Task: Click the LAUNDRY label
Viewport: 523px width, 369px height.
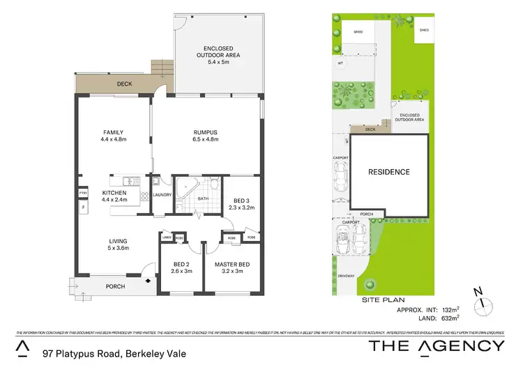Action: coord(162,194)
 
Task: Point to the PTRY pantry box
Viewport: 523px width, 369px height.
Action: coord(82,193)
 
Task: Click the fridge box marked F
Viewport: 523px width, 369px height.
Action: coord(82,207)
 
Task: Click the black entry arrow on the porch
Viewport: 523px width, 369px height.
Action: coord(148,280)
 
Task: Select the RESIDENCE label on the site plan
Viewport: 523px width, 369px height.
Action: coord(388,171)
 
